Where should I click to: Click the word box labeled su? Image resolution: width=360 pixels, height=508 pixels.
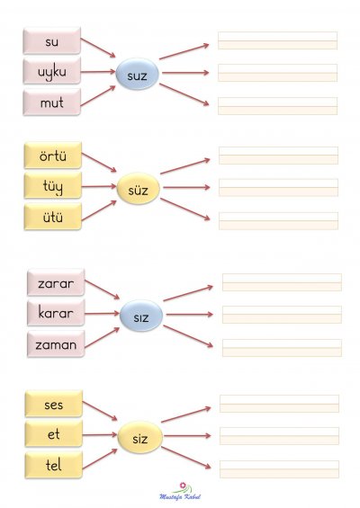pos(52,40)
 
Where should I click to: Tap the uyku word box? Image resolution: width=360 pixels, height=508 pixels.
pos(52,71)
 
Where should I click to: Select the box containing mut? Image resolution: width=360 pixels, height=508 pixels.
pos(52,102)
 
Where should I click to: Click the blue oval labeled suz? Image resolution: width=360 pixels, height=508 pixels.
pos(137,74)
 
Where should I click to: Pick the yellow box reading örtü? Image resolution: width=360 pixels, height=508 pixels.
pos(53,156)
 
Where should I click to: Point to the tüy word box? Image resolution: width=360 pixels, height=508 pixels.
pos(53,185)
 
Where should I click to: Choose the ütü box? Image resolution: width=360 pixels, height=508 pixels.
pos(53,217)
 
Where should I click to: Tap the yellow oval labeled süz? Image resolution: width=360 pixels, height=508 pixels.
pos(139,189)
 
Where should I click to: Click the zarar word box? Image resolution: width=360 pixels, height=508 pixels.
pos(56,282)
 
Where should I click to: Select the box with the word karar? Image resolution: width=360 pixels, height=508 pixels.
pos(56,313)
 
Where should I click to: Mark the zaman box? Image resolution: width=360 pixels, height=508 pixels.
pos(56,343)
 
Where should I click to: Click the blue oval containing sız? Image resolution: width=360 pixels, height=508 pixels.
pos(141,316)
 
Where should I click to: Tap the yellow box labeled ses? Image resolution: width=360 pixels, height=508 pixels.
pos(54,404)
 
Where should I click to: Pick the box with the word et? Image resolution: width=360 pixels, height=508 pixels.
pos(54,433)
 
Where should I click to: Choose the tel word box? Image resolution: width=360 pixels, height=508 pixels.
pos(54,465)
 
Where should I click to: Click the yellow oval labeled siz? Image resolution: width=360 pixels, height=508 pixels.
pos(139,437)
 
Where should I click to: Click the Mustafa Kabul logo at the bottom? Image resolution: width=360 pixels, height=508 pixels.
pos(180,492)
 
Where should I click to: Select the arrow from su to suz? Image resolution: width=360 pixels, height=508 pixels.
pos(98,48)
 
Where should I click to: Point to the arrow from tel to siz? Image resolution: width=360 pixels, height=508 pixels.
pos(100,459)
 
